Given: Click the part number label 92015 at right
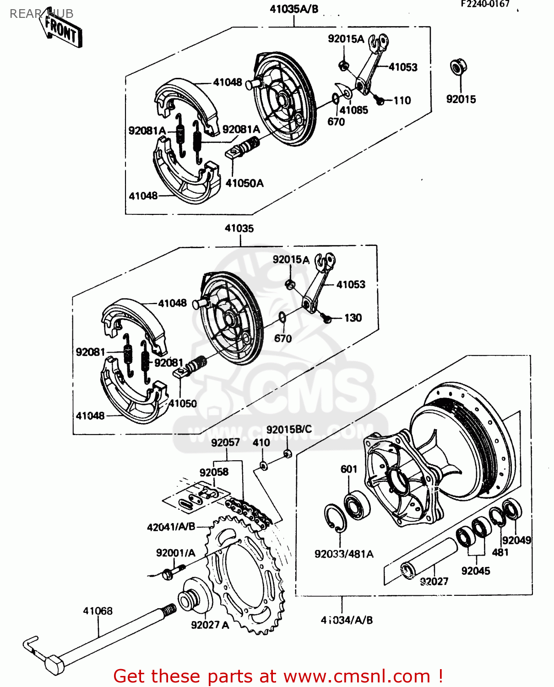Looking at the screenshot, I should click(461, 99).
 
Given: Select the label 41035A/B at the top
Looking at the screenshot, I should click(294, 9).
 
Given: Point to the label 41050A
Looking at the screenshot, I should click(244, 183).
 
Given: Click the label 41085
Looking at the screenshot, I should click(353, 110).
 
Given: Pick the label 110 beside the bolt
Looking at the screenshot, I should click(402, 100).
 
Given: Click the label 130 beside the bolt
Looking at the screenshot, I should click(353, 318).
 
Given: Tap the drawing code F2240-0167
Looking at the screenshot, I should click(485, 4).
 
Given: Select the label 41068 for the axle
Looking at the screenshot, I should click(98, 611).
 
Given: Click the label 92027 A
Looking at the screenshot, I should click(210, 625).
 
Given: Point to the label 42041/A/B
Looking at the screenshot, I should click(171, 527).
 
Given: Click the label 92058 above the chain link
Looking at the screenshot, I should click(214, 472).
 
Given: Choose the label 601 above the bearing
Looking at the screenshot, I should click(348, 469).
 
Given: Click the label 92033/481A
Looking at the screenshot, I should click(344, 554).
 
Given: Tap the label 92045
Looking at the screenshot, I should click(476, 571).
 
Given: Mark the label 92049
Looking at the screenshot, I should click(516, 540).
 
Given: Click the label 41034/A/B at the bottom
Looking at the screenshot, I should click(347, 620).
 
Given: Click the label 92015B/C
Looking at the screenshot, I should click(289, 429).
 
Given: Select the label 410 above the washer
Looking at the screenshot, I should click(261, 442).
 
